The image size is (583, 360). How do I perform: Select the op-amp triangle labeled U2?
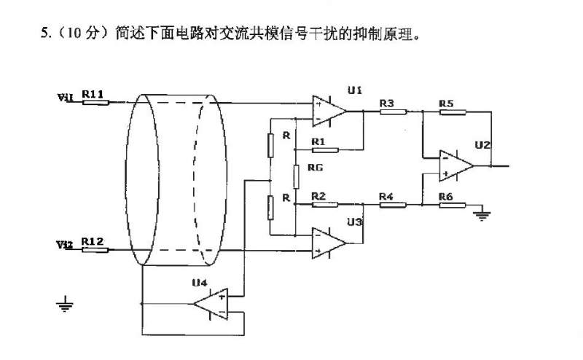[455, 165]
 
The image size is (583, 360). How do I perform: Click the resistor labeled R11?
[95, 102]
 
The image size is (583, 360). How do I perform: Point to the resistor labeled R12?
[95, 249]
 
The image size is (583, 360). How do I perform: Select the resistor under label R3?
[393, 111]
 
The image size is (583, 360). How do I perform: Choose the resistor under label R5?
[452, 111]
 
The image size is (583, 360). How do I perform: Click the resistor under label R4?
[393, 205]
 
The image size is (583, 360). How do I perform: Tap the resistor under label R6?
[452, 205]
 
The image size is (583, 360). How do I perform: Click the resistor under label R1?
[325, 150]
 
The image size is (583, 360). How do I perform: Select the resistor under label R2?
[325, 205]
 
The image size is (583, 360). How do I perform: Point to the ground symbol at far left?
[66, 302]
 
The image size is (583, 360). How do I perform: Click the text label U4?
[199, 282]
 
